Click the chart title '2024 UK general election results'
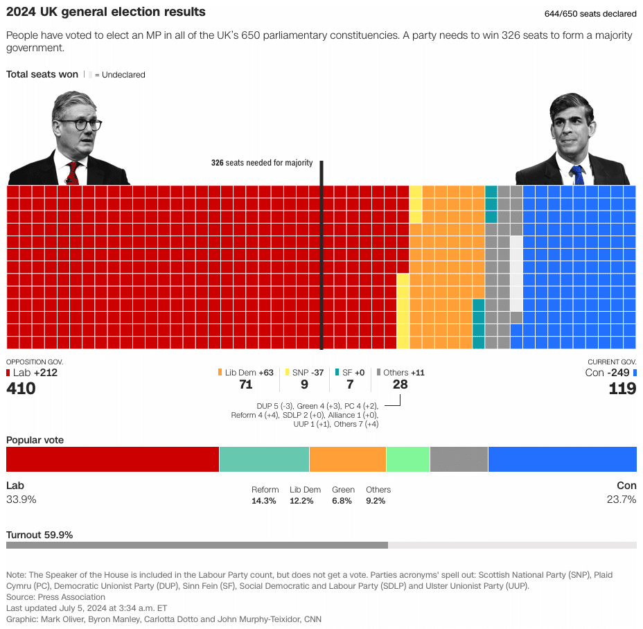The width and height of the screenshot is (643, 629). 105,12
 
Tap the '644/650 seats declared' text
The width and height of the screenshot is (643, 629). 591,14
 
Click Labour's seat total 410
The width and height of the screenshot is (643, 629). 21,389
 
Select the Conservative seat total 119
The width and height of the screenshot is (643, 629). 622,389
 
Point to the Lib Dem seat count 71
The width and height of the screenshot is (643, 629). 245,384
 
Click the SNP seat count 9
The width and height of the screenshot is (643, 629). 304,384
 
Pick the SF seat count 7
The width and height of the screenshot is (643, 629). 350,384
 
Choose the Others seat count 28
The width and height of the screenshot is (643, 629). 400,384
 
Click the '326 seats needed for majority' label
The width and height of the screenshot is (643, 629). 261,163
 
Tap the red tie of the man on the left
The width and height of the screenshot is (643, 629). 73,172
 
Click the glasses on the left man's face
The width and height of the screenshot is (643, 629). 80,125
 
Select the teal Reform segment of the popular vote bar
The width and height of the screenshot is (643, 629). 264,459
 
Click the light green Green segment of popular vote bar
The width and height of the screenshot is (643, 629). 407,459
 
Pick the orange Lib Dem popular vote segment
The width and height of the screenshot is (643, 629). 347,459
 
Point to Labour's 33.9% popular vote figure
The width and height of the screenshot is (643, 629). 21,499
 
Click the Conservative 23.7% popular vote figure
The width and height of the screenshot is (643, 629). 622,499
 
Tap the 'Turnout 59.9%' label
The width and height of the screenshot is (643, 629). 39,535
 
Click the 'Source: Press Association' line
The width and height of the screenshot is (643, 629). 51,597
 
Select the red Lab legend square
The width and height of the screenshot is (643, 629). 8,373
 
